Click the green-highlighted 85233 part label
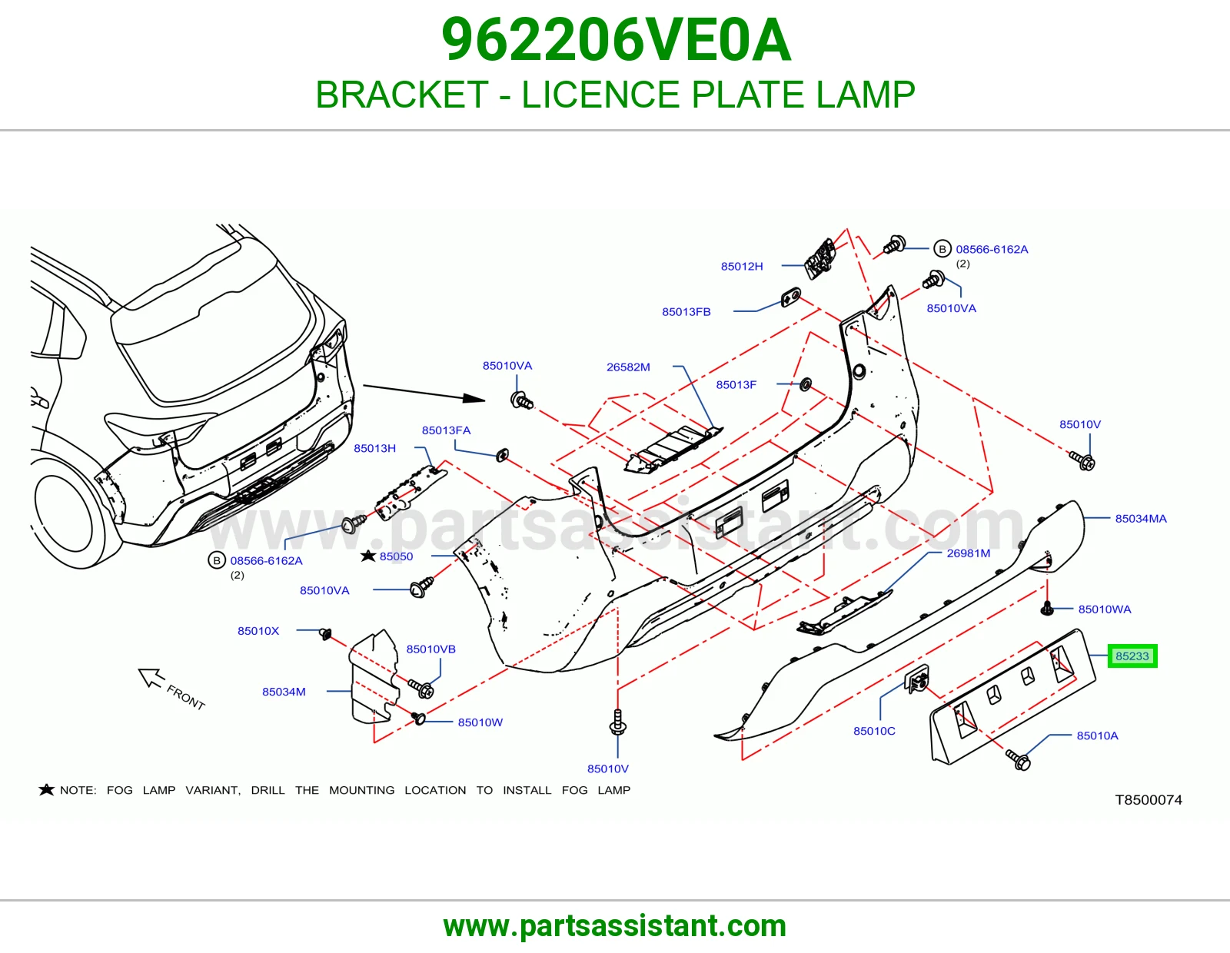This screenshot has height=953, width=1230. (1132, 656)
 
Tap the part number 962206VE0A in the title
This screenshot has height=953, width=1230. (615, 40)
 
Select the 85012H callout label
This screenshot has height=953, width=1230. (742, 266)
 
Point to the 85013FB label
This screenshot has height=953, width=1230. (686, 312)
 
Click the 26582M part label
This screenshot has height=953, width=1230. (628, 367)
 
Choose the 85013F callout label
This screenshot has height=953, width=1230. (736, 385)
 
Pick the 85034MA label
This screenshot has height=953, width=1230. (1141, 518)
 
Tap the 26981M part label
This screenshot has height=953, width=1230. (969, 553)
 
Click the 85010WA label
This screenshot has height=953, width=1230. (1105, 609)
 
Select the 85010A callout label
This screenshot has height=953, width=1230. (1097, 736)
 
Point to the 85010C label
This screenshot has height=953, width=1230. (874, 731)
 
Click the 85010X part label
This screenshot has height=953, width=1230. (258, 630)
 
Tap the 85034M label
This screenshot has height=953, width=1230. (284, 691)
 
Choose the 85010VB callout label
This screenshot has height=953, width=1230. (430, 649)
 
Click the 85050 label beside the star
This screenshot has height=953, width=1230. (396, 556)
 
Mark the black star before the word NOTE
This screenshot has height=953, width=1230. (46, 789)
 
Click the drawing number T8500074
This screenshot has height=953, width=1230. (1149, 799)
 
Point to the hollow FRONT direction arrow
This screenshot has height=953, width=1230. (151, 677)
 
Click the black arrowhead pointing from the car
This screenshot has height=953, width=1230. (474, 398)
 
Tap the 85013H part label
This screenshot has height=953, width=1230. (374, 448)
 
